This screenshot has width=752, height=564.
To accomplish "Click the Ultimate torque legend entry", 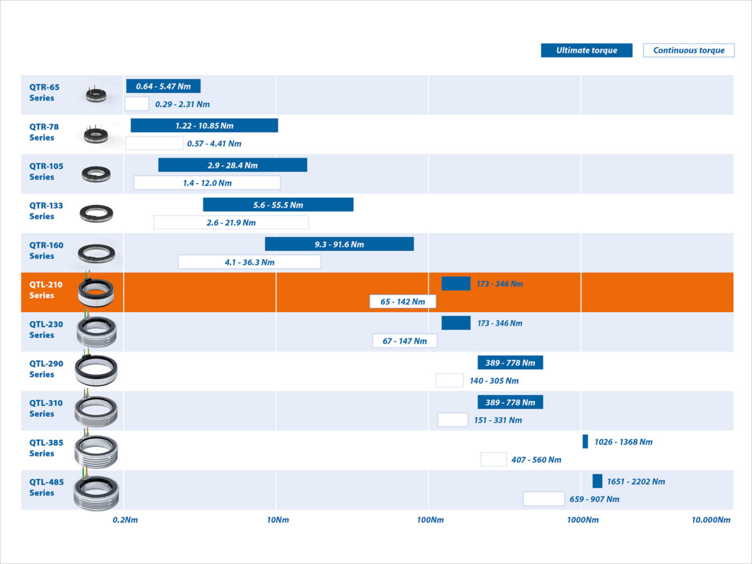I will pyautogui.click(x=587, y=51).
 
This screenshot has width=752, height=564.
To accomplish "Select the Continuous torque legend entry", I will pyautogui.click(x=689, y=51).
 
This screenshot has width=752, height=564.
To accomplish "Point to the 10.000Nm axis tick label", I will pyautogui.click(x=711, y=520).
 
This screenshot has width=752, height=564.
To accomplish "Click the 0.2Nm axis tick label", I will pyautogui.click(x=125, y=520).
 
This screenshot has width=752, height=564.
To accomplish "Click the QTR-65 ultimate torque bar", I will pyautogui.click(x=163, y=86).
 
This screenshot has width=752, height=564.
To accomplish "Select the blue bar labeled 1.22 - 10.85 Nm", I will pyautogui.click(x=204, y=126).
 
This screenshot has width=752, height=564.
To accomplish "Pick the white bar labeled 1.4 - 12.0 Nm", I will pyautogui.click(x=207, y=183).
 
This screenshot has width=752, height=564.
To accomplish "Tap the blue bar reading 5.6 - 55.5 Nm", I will pyautogui.click(x=278, y=205).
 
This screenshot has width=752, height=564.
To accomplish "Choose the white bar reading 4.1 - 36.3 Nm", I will pyautogui.click(x=249, y=262).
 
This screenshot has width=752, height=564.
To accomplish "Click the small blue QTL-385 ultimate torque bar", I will pyautogui.click(x=585, y=441).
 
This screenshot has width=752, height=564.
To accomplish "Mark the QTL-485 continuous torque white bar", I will pyautogui.click(x=544, y=499).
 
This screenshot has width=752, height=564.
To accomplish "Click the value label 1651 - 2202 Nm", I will pyautogui.click(x=636, y=482).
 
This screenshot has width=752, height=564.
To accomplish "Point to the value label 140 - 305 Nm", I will pyautogui.click(x=494, y=381).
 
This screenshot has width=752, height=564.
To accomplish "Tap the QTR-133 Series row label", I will pyautogui.click(x=46, y=211).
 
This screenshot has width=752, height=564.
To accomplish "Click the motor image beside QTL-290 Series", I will pyautogui.click(x=96, y=370).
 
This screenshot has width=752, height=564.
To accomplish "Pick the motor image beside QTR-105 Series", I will pyautogui.click(x=96, y=173).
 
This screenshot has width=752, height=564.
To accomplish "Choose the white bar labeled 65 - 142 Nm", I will pyautogui.click(x=402, y=301).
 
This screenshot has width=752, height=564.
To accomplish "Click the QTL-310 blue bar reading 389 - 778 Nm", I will pyautogui.click(x=510, y=402).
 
